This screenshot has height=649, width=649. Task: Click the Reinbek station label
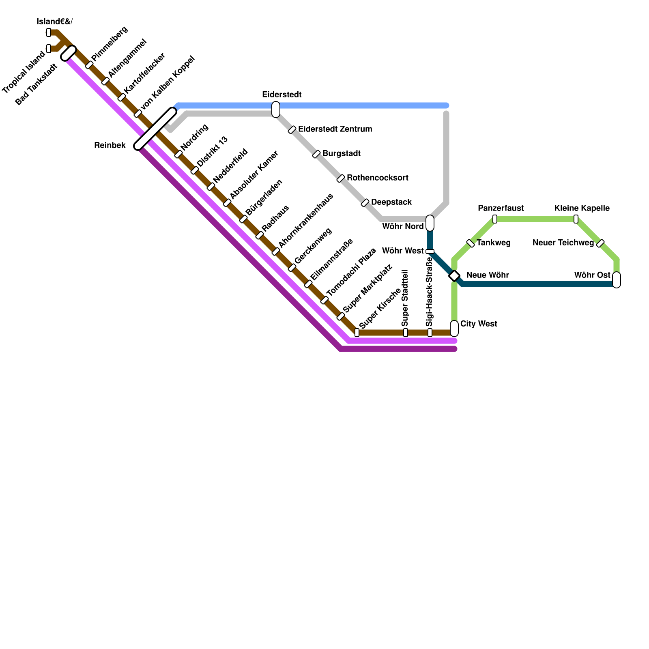pyautogui.click(x=110, y=145)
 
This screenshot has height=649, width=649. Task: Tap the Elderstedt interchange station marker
pyautogui.click(x=276, y=110)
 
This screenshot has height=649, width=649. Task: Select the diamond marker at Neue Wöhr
pyautogui.click(x=454, y=276)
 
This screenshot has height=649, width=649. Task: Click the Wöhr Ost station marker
pyautogui.click(x=617, y=280)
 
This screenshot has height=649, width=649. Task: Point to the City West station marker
pyautogui.click(x=454, y=328)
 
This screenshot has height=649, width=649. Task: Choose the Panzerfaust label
pyautogui.click(x=501, y=208)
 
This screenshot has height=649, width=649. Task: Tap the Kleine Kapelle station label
pyautogui.click(x=582, y=208)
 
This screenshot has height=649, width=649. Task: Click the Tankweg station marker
pyautogui.click(x=471, y=243)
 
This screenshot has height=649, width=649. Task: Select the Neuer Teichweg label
pyautogui.click(x=563, y=243)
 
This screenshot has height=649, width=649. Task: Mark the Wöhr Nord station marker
pyautogui.click(x=430, y=223)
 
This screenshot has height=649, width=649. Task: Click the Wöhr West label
pyautogui.click(x=402, y=251)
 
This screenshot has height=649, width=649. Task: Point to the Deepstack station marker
pyautogui.click(x=365, y=203)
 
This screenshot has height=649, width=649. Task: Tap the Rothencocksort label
pyautogui.click(x=377, y=178)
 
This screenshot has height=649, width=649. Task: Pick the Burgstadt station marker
pyautogui.click(x=316, y=154)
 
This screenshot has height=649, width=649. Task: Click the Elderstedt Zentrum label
pyautogui.click(x=335, y=129)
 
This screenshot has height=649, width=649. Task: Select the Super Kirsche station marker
pyautogui.click(x=357, y=333)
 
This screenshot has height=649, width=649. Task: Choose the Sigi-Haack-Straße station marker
pyautogui.click(x=430, y=333)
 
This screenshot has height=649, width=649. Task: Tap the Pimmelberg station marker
pyautogui.click(x=89, y=65)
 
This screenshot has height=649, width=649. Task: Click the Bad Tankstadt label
pyautogui.click(x=37, y=84)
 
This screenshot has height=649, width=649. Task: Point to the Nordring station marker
pyautogui.click(x=178, y=154)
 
